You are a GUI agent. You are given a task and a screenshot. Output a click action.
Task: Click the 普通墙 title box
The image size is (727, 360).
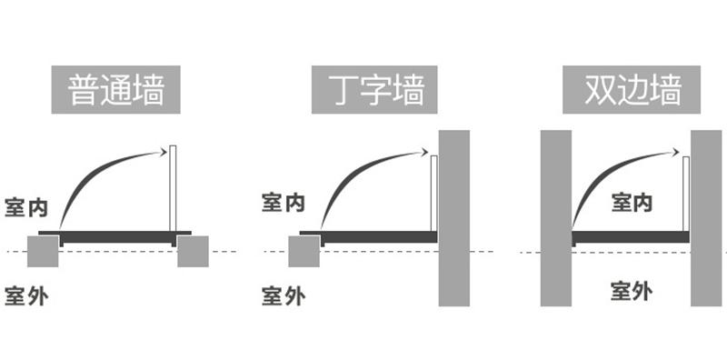point(116,89)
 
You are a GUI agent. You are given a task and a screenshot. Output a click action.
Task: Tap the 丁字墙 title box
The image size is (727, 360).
point(368,89)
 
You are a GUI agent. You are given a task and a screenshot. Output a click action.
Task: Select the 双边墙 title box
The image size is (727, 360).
point(621,89)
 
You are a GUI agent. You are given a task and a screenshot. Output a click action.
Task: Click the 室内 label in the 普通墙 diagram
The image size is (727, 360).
point(25,205)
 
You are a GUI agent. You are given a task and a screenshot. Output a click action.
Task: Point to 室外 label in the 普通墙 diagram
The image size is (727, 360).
point(25,296)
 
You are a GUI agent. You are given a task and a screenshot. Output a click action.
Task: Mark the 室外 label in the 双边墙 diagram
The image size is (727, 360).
point(631,292)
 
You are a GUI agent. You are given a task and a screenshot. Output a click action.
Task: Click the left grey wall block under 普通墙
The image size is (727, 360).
point(44,251)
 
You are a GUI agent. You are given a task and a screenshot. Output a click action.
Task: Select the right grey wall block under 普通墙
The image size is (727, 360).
point(193,251)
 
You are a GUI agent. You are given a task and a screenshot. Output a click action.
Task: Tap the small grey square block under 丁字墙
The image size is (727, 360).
point(304,251)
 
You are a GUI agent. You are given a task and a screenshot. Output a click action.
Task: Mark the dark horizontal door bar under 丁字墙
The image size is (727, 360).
point(377,236)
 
